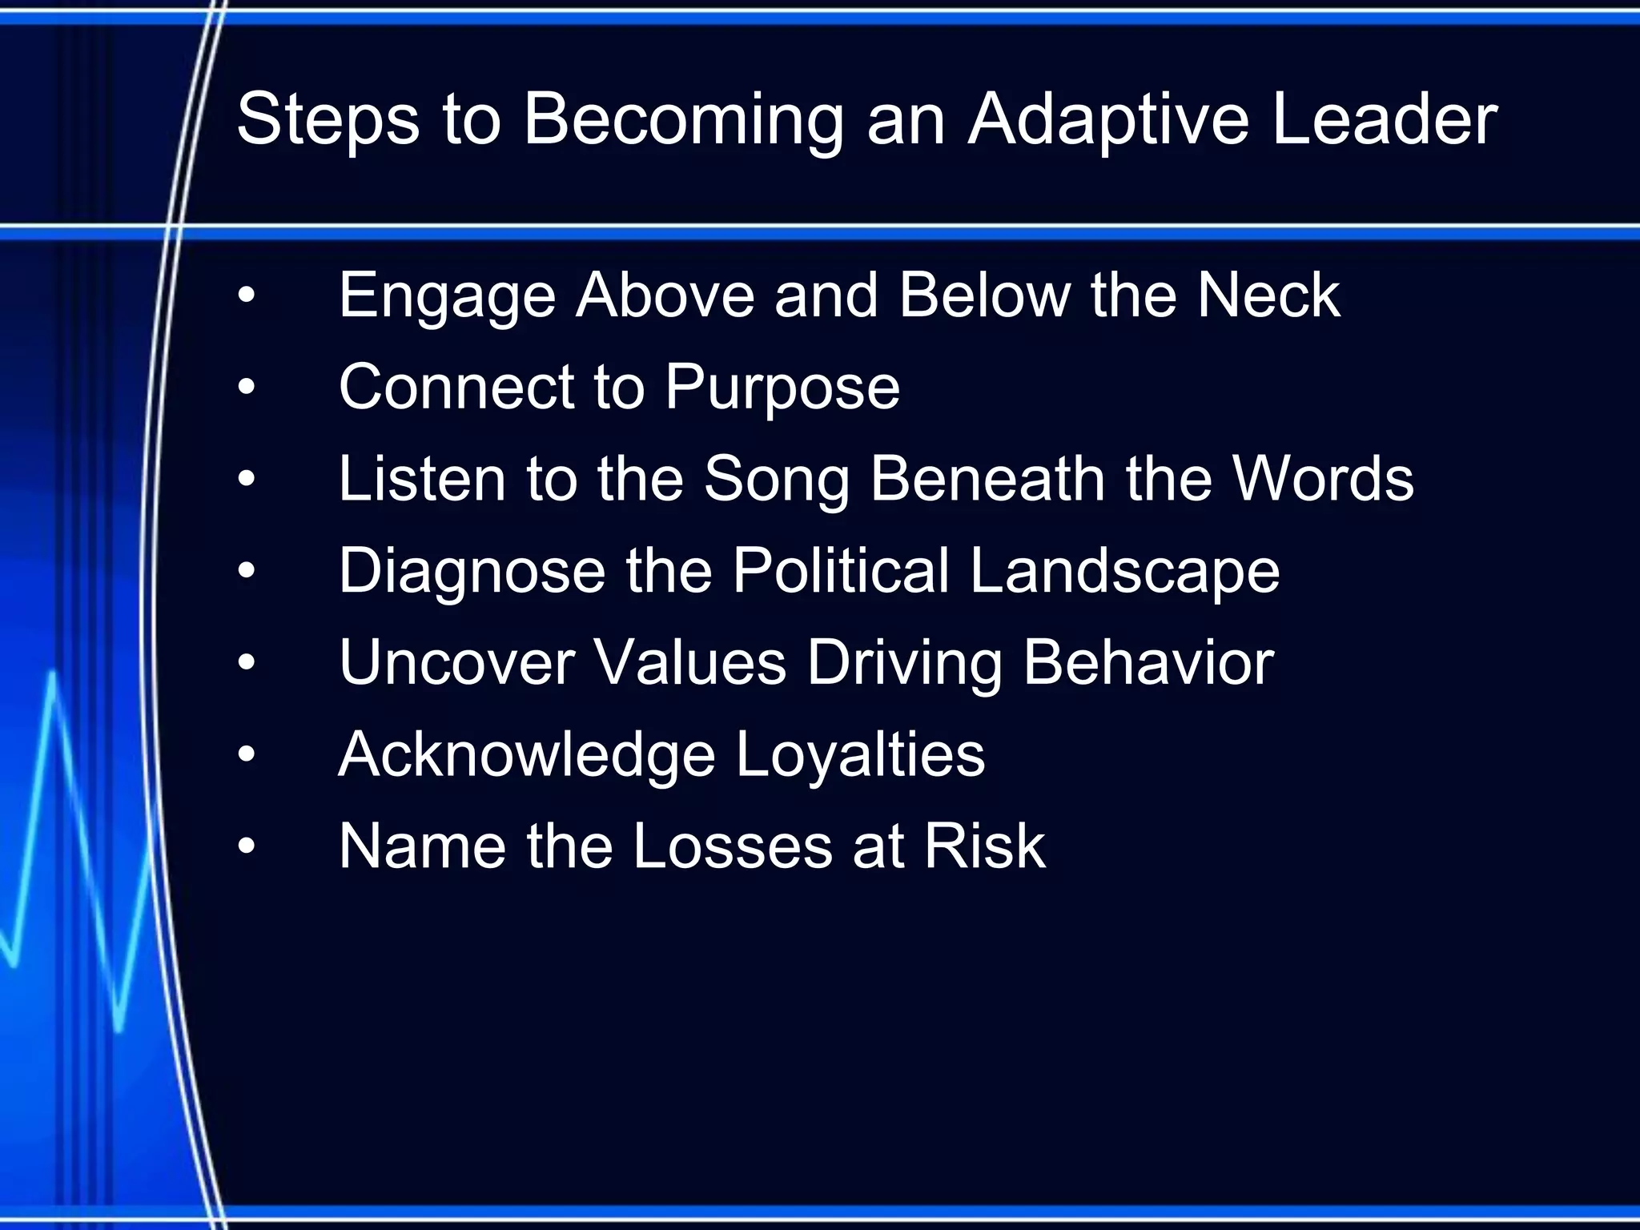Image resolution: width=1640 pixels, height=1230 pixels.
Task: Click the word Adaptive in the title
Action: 1108,120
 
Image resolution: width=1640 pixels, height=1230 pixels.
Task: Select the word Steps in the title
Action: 328,120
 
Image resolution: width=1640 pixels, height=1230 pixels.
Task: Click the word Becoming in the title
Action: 683,120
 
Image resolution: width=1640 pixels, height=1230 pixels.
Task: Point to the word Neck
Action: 1268,295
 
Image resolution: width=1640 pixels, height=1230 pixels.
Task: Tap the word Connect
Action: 456,387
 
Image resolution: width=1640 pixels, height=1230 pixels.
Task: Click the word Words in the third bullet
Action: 1323,479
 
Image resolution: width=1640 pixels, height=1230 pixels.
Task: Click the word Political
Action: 840,571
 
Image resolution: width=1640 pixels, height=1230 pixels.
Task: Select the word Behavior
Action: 1148,663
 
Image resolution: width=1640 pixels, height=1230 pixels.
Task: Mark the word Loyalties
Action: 859,756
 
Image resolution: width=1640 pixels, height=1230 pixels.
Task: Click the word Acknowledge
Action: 526,756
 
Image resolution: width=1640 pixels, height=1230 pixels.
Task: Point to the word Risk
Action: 984,846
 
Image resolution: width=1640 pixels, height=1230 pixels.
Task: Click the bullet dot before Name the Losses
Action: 247,846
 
